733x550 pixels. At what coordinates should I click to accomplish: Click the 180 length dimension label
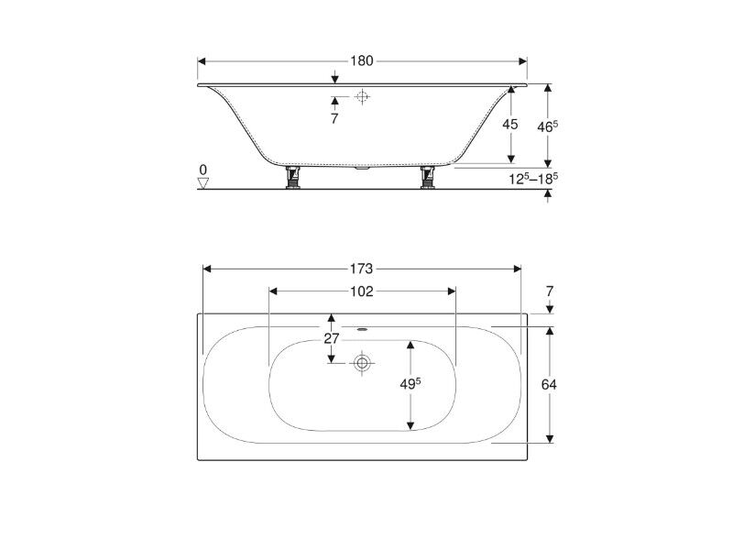coord(362,61)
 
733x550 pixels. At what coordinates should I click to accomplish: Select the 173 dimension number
coord(362,269)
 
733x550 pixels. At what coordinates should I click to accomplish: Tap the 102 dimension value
coord(362,291)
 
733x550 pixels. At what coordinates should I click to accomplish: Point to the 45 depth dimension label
coord(510,125)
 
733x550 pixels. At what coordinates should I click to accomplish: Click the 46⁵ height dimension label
coord(547,126)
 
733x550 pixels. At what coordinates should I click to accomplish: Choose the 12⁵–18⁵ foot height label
coord(534,178)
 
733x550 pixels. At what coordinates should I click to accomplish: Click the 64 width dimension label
coord(549,384)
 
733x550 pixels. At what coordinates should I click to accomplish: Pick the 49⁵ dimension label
coord(410,383)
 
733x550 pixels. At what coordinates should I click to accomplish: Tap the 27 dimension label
coord(332,338)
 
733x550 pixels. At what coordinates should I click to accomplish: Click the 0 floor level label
coord(202,170)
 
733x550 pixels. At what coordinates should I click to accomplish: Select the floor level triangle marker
coord(202,182)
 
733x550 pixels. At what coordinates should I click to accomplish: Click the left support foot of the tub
coord(293,177)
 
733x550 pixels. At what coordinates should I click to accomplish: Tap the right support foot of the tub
coord(428,177)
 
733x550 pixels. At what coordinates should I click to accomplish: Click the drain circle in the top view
coord(362,362)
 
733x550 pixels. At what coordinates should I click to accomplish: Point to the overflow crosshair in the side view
coord(362,97)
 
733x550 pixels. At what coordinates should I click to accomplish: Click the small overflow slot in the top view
coord(362,329)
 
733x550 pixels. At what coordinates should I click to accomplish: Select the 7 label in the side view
coord(334,119)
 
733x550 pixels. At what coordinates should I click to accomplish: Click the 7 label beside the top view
coord(550,291)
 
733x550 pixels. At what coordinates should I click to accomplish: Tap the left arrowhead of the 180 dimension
coord(202,61)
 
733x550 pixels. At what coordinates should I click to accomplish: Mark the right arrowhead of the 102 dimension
coord(452,291)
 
